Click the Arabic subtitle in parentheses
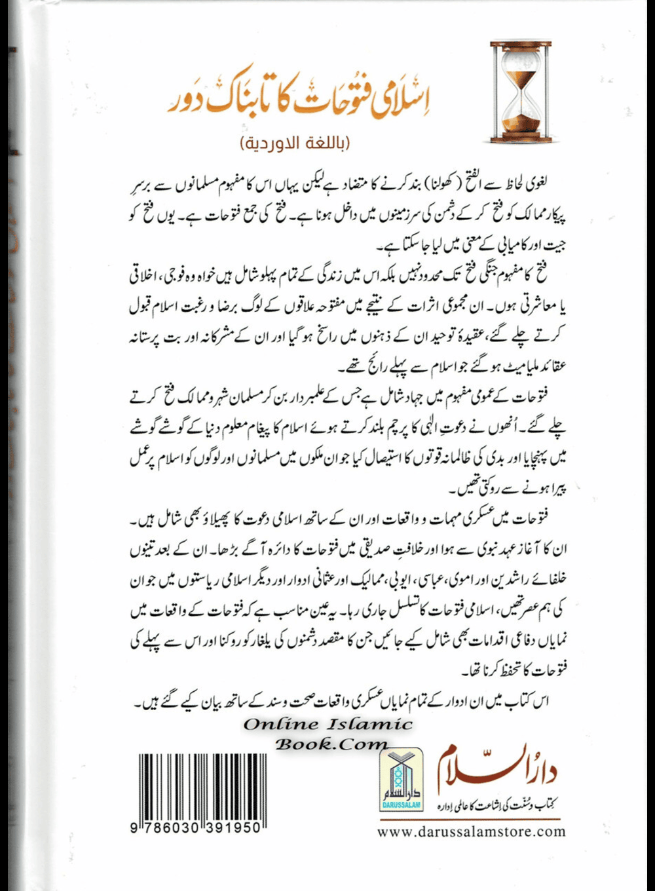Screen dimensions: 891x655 [295, 143]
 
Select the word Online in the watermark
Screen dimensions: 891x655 [282, 725]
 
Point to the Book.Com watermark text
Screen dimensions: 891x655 [331, 744]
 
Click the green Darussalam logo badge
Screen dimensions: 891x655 [401, 780]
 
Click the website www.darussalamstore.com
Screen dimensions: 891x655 [471, 832]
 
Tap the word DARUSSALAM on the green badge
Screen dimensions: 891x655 [401, 806]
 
